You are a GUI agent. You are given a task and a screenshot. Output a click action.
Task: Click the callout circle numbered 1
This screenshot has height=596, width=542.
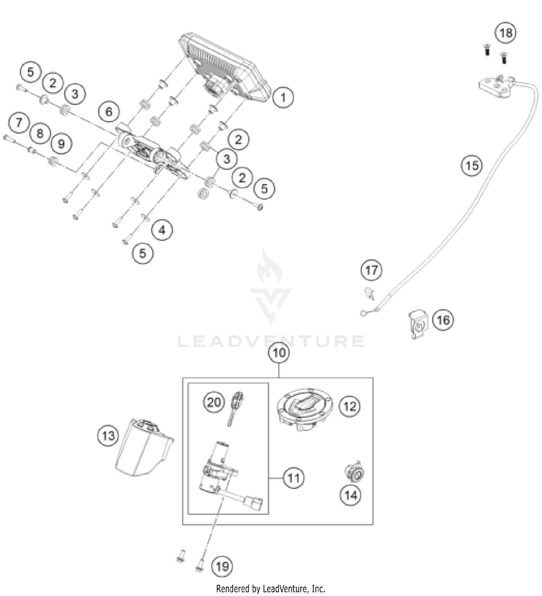coord(283,97)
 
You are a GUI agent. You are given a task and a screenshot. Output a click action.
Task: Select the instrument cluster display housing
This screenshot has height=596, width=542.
coord(224,67)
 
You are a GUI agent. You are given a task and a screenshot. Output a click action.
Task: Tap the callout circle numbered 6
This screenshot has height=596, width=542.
coord(109,112)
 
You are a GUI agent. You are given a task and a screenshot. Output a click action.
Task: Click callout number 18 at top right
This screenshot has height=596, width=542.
coord(505,33)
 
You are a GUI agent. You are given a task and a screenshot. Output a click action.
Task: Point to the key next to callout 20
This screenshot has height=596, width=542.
coord(236,408)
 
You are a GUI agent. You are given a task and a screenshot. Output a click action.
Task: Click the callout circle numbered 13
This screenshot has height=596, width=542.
coord(108,435)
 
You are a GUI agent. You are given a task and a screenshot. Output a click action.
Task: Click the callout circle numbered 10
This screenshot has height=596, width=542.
coord(279,353)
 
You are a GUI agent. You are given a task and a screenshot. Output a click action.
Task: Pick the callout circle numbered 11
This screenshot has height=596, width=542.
coord(293,478)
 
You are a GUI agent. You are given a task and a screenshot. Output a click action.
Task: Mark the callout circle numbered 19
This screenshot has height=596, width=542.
coord(222,566)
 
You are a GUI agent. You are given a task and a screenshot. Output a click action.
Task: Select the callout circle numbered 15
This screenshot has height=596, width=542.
coord(472,166)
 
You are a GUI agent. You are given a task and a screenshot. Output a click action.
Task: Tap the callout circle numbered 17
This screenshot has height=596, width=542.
coord(371,270)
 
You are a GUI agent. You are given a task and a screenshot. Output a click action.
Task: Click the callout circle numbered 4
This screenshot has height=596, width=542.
coord(162,230)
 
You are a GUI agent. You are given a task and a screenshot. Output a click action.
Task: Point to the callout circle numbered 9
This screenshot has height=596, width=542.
coord(61,144)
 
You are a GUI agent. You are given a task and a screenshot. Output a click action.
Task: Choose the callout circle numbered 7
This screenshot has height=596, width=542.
coord(19,122)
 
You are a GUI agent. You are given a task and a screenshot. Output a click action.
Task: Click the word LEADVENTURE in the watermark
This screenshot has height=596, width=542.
coord(271,341)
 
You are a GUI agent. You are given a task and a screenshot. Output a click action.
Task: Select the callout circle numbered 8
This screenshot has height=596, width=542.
coord(40,133)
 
